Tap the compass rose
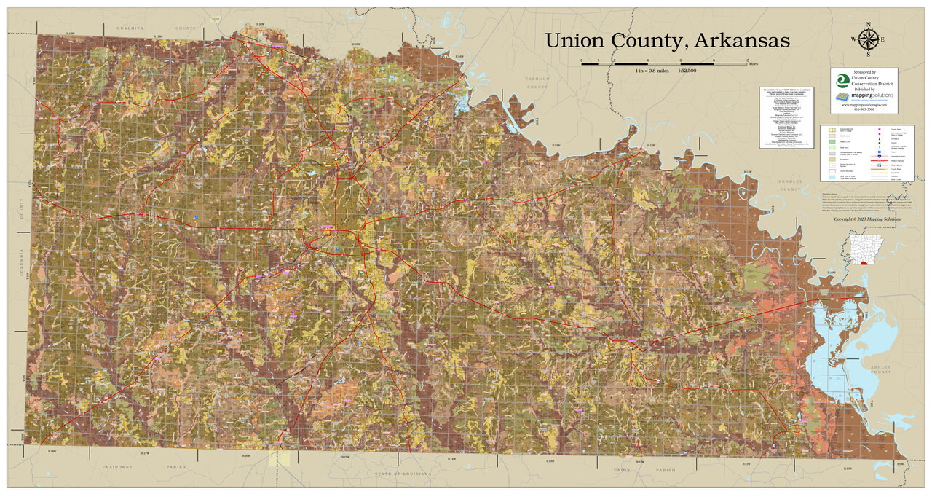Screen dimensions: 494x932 tap(868, 40)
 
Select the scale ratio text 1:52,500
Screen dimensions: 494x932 tap(687, 71)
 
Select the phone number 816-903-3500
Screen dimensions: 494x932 tap(864, 109)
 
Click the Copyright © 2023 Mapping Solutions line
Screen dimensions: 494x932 tap(867, 219)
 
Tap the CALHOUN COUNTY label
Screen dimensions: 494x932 tap(537, 82)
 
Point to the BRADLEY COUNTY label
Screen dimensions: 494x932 tap(790, 185)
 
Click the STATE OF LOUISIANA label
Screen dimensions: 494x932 tap(403, 474)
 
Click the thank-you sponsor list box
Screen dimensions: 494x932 tap(786, 118)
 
